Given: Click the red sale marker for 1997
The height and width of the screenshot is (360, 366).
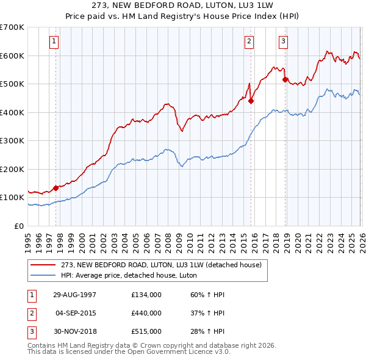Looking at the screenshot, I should pyautogui.click(x=56, y=188).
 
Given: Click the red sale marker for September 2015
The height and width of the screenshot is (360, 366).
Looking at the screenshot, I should pyautogui.click(x=251, y=101).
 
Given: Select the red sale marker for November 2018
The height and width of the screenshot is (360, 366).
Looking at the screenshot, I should pyautogui.click(x=285, y=80).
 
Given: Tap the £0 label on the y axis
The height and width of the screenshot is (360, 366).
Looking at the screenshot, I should pyautogui.click(x=19, y=226).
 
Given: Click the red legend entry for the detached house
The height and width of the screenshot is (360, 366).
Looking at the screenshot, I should pyautogui.click(x=161, y=265).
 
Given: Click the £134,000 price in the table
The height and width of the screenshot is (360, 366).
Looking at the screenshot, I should pyautogui.click(x=146, y=294).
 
